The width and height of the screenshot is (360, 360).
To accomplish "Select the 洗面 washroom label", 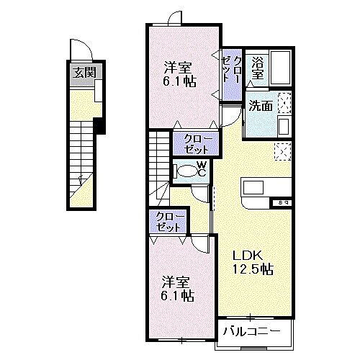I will coord(260,106).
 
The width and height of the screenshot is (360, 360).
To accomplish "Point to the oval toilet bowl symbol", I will coord(188,171).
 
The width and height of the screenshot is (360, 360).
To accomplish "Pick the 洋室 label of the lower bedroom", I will coord(176,280).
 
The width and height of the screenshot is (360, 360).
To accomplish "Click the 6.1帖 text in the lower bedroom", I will coord(176,294).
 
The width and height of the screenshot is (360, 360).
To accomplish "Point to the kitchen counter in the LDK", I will coord(266,187).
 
